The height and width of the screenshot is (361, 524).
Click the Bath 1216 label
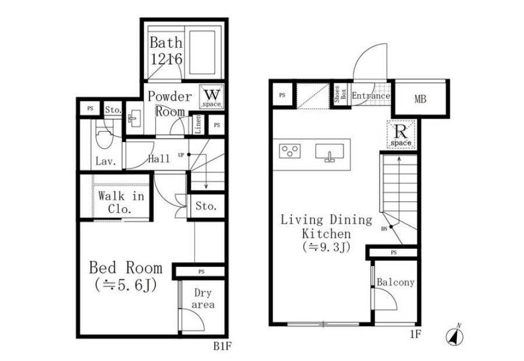tap(166, 51)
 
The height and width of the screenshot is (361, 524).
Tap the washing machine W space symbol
tap(212, 97)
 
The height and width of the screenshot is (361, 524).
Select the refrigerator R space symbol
tap(401, 134)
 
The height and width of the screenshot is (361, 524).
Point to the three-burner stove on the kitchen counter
tap(290, 151)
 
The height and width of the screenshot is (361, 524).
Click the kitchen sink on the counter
tap(330, 153)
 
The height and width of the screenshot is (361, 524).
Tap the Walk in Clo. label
tap(121, 202)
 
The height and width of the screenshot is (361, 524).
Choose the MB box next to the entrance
tap(420, 99)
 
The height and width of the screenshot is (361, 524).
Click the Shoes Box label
tap(340, 94)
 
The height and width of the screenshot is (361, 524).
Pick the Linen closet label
tap(198, 125)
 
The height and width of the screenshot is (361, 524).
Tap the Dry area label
tap(203, 299)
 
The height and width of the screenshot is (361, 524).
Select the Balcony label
tap(395, 282)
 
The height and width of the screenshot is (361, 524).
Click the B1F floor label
tap(222, 346)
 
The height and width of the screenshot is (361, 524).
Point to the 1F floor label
tap(415, 334)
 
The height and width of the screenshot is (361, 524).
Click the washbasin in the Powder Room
tap(134, 119)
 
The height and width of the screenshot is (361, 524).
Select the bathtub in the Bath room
tap(203, 53)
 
